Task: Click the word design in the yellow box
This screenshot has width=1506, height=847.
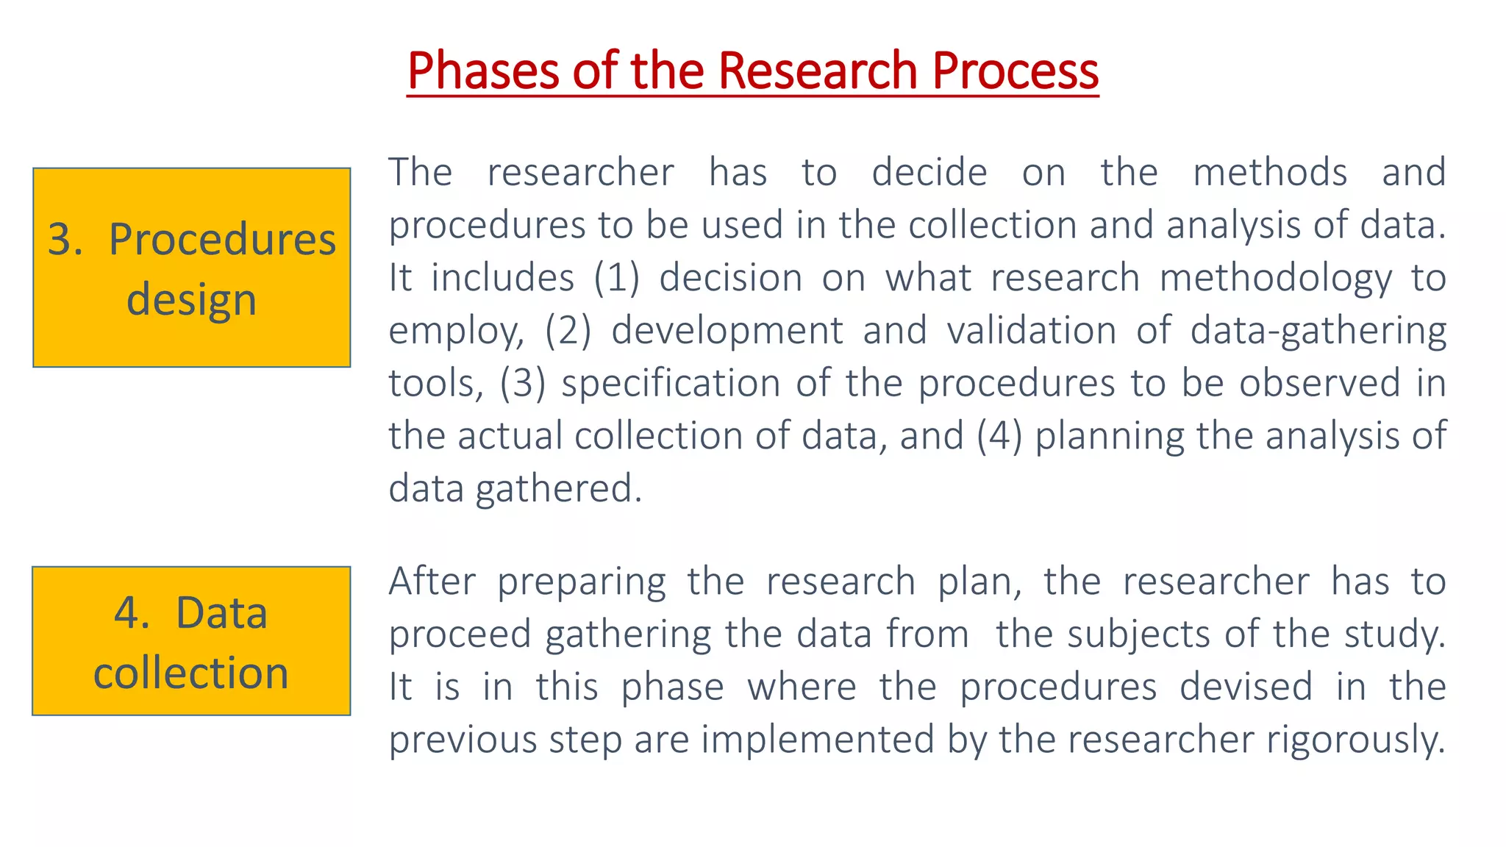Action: (191, 299)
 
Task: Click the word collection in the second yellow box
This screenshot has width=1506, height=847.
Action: (191, 673)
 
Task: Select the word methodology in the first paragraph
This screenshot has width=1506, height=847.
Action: (1276, 278)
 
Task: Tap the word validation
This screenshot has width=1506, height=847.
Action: (1032, 330)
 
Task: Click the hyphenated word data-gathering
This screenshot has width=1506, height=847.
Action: (1318, 330)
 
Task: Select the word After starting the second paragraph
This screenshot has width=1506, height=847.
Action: (432, 581)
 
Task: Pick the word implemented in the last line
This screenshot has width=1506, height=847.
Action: (817, 739)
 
